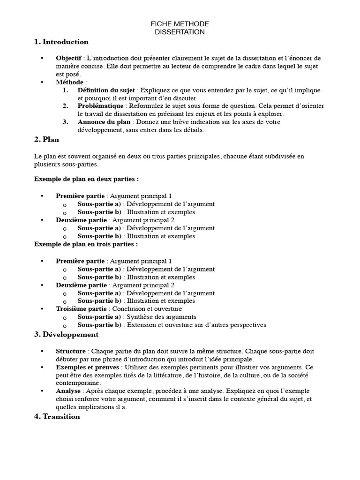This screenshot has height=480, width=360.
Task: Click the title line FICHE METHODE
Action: (180, 24)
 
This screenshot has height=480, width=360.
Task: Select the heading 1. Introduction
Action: (61, 42)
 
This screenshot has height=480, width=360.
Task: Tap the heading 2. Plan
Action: (46, 140)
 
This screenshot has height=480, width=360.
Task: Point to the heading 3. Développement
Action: (66, 335)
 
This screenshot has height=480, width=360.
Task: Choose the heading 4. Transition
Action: (57, 417)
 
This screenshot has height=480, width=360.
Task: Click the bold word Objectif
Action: (69, 58)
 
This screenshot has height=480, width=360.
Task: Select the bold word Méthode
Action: (70, 82)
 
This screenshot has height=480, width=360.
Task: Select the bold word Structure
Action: (71, 351)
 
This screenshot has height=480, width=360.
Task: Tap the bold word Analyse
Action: (68, 391)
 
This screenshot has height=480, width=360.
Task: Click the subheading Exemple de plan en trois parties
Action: (86, 244)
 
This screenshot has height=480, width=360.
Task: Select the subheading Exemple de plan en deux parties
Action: (86, 179)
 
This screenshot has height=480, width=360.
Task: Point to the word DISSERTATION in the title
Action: (180, 32)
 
